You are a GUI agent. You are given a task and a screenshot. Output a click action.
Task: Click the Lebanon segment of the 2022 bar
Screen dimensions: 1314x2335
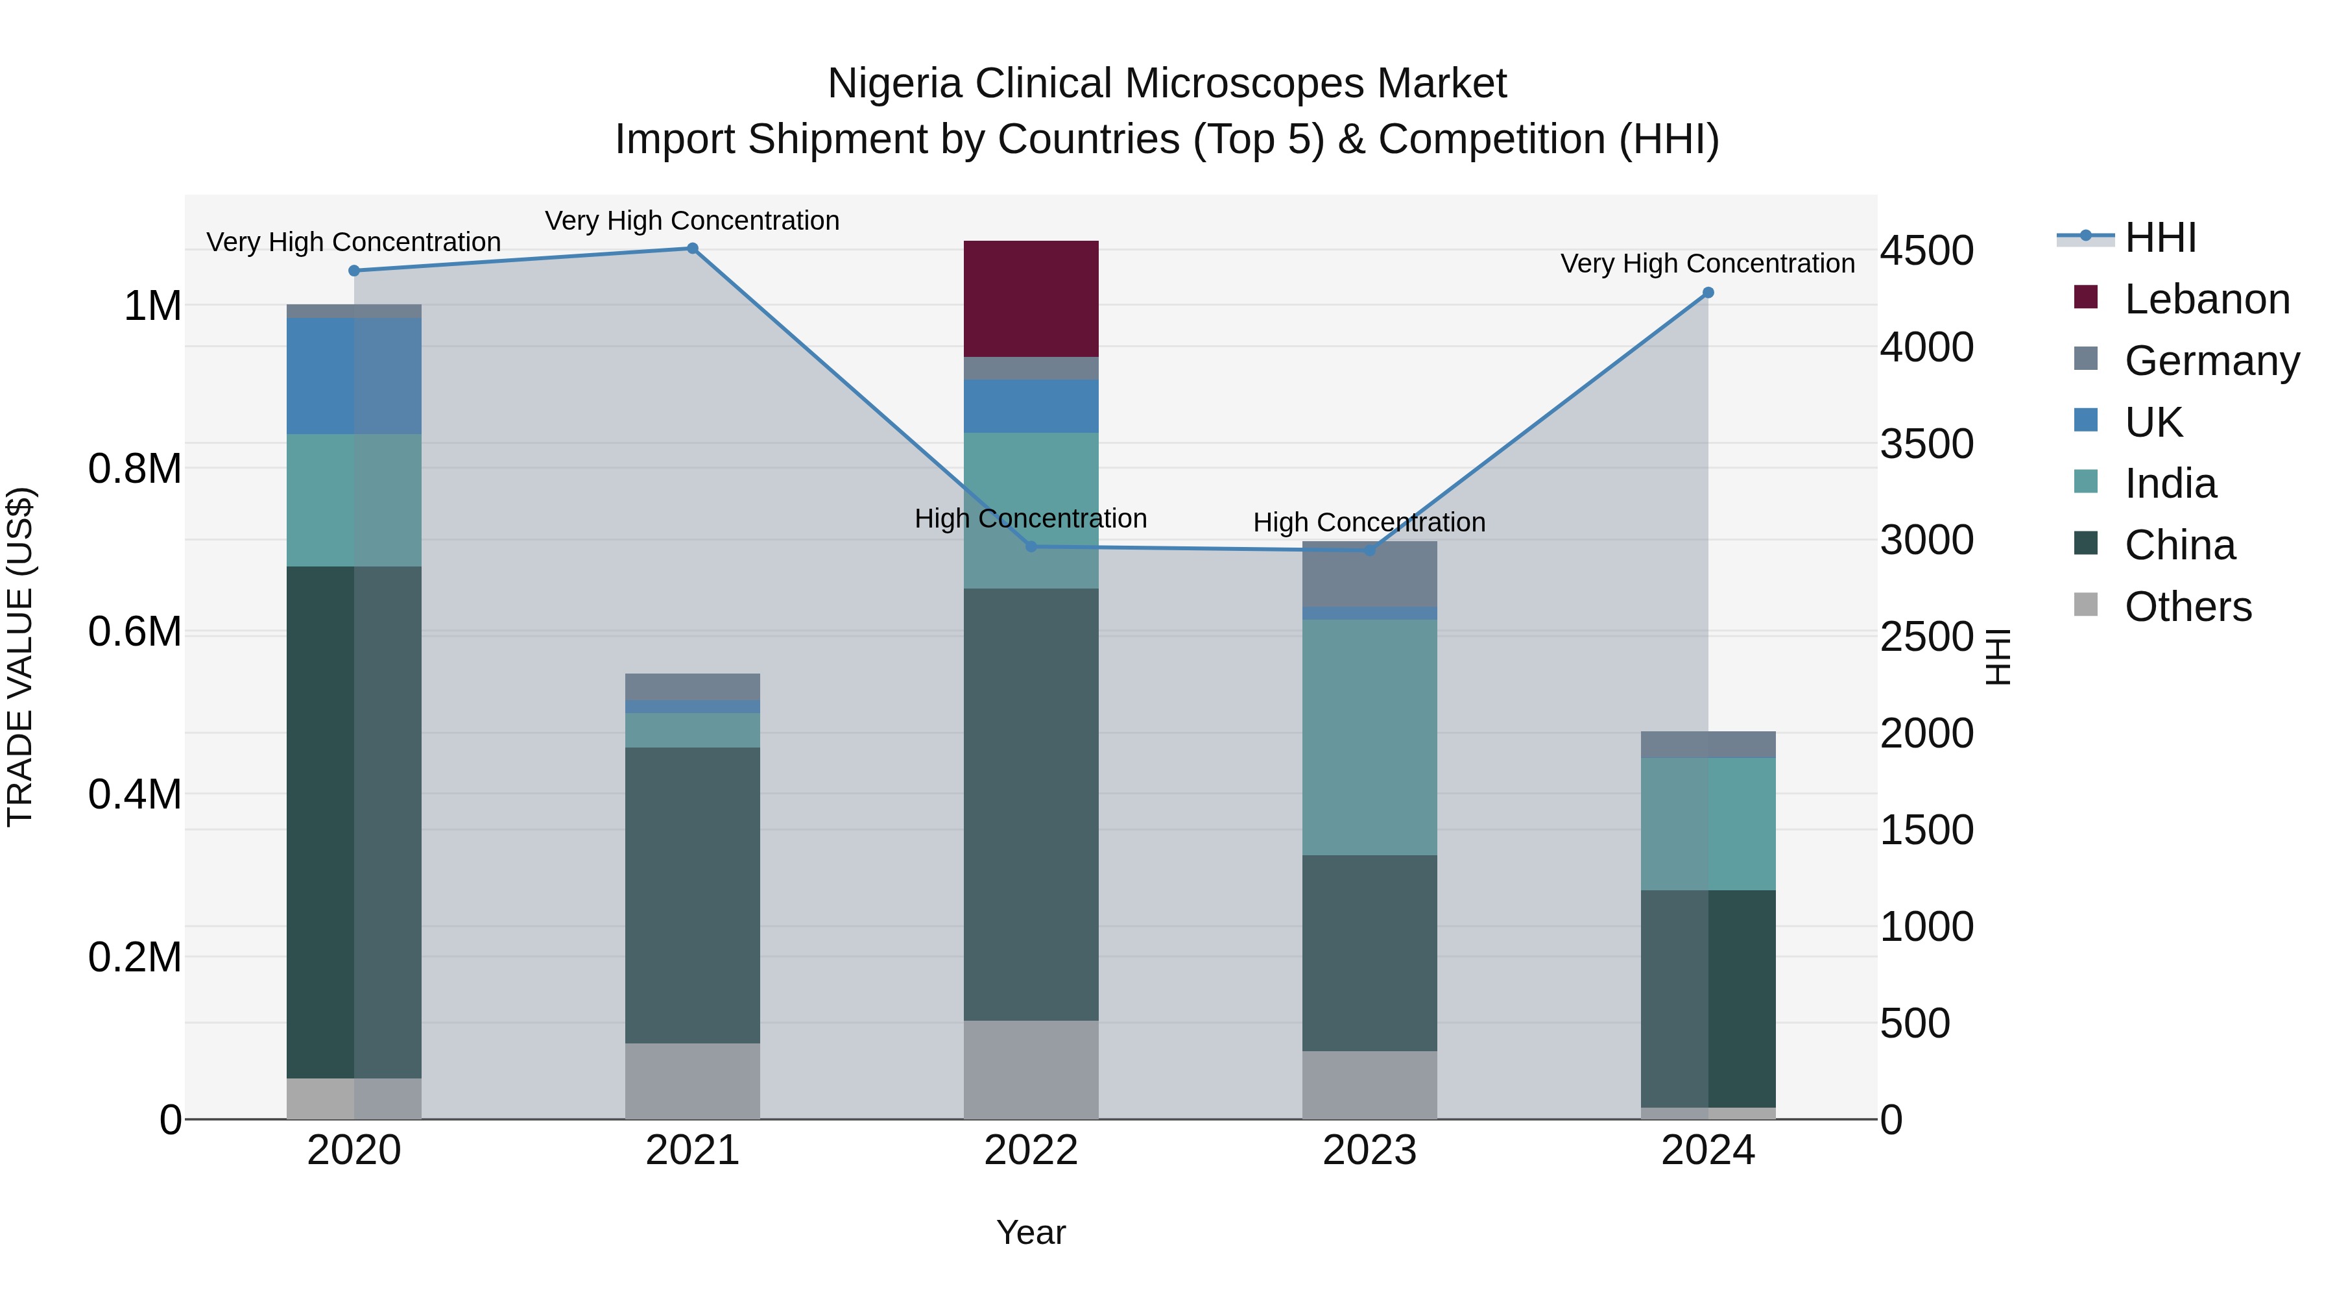(x=1031, y=298)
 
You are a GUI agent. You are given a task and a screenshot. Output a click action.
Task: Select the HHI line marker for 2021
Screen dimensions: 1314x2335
(x=693, y=249)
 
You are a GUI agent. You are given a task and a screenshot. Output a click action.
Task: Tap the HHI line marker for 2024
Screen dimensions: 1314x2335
(x=1708, y=293)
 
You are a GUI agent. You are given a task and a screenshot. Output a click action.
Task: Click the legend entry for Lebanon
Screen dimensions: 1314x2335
(x=2205, y=299)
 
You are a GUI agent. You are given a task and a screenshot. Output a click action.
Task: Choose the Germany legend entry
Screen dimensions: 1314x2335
(x=2211, y=361)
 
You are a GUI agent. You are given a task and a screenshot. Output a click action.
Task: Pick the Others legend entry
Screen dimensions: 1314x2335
(x=2187, y=607)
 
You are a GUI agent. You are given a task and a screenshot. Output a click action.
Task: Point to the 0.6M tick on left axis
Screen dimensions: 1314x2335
(x=135, y=632)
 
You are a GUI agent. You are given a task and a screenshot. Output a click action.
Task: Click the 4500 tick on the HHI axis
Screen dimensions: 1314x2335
(x=1926, y=250)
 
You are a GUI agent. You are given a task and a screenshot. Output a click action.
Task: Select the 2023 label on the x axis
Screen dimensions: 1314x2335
(x=1369, y=1150)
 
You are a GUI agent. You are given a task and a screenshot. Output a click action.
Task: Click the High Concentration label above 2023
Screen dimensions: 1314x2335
(x=1369, y=522)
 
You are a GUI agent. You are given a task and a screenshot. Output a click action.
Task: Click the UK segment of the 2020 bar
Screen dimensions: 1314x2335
(x=353, y=376)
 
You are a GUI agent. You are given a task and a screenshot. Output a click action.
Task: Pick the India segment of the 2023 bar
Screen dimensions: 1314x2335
(x=1369, y=736)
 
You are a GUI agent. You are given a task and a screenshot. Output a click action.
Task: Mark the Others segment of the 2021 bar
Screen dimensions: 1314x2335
(x=693, y=1081)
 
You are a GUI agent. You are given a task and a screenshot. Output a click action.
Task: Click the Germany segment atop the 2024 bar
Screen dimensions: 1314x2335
(x=1708, y=744)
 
